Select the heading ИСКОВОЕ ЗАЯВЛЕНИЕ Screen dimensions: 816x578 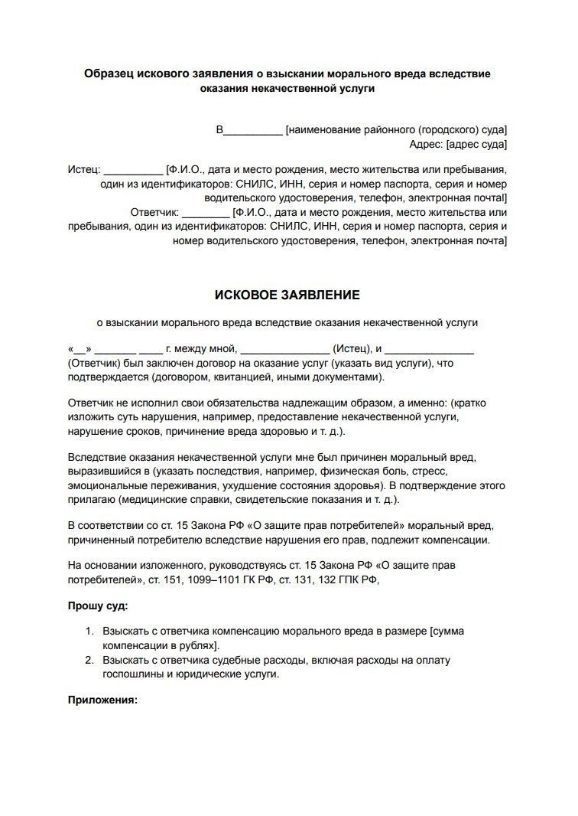(287, 295)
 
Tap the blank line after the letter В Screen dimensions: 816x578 (252, 130)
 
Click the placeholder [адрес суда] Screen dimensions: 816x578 (476, 144)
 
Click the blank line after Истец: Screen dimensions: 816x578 (133, 170)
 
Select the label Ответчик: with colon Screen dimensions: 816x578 (155, 212)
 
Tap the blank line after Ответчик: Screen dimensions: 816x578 (206, 212)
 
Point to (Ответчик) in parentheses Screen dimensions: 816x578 (94, 364)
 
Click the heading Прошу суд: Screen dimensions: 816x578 (99, 605)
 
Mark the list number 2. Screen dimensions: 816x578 (89, 660)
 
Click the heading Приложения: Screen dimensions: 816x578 (102, 700)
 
